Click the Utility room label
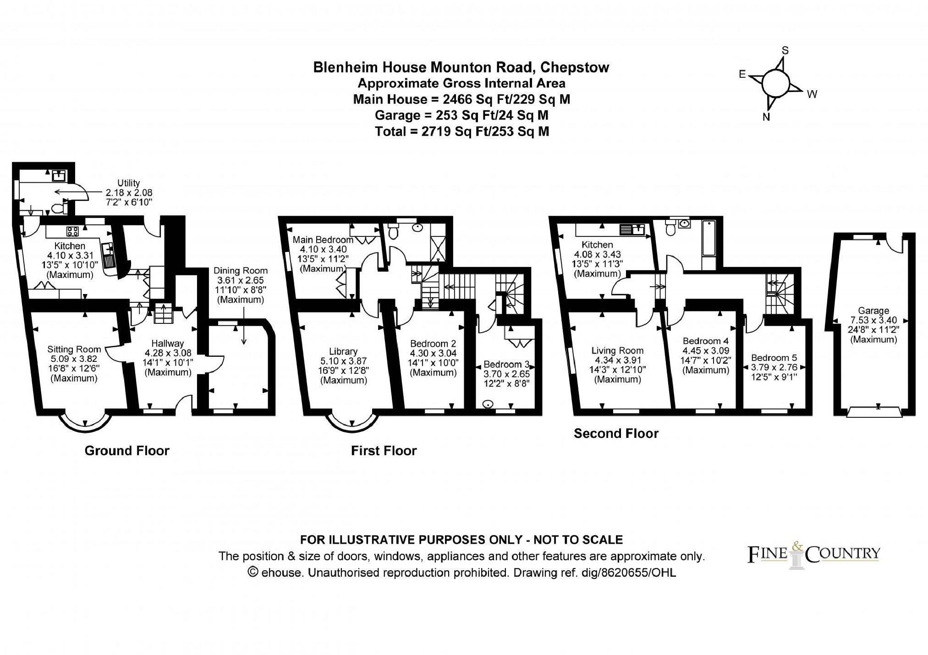click(x=128, y=183)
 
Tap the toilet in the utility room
click(x=57, y=209)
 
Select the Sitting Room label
click(x=73, y=349)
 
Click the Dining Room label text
click(x=240, y=271)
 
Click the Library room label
click(x=343, y=351)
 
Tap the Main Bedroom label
click(x=323, y=240)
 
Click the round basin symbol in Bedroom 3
click(x=489, y=404)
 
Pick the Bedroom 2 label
click(x=433, y=344)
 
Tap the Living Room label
click(x=617, y=351)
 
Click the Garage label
click(x=873, y=311)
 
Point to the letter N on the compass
click(x=766, y=117)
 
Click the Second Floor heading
click(x=615, y=433)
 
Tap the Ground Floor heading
click(x=127, y=451)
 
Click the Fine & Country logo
click(x=813, y=554)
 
